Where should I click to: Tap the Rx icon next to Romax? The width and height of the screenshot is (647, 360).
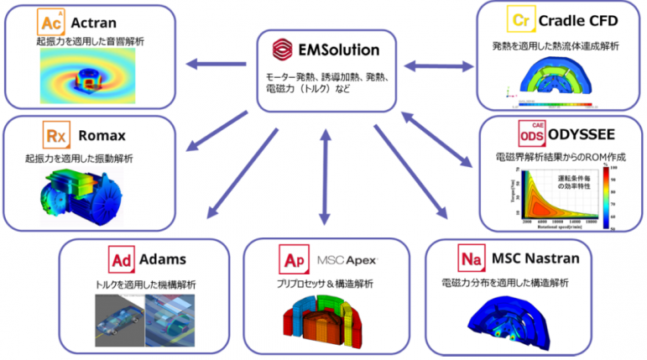tap(55, 135)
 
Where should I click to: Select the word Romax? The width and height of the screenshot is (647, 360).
tap(102, 135)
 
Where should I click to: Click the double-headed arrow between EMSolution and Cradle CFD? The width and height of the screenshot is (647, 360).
tap(437, 64)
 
